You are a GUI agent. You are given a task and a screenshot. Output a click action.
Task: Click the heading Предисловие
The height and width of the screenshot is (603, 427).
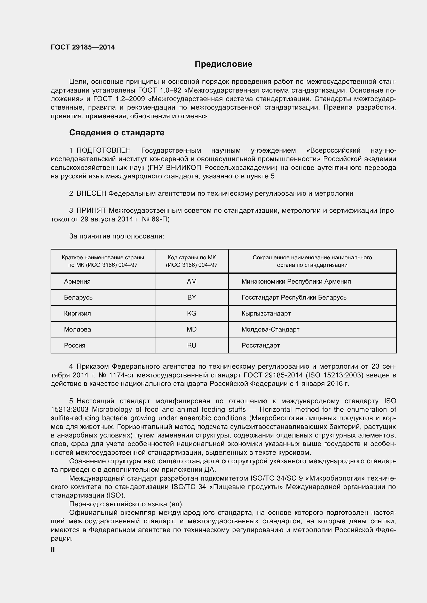(x=223, y=64)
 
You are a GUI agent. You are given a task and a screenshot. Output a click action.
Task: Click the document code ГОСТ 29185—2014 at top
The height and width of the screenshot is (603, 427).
(x=83, y=47)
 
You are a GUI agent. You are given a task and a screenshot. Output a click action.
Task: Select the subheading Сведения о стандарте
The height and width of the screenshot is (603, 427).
(x=116, y=133)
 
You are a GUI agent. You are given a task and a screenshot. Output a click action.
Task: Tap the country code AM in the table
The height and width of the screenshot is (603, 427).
(x=191, y=282)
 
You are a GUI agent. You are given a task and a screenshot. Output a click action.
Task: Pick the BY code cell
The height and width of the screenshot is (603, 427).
(x=191, y=297)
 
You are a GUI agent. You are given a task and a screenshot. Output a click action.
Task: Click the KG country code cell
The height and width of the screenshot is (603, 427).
(x=191, y=313)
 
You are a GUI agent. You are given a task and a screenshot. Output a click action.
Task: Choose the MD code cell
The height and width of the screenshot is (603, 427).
(x=191, y=329)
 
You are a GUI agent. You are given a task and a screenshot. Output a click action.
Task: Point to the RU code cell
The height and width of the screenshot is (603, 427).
(x=191, y=345)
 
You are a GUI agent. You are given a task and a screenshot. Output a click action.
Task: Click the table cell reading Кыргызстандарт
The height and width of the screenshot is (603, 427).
(x=266, y=313)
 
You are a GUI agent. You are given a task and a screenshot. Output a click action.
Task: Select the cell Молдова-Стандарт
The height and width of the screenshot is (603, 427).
(x=270, y=329)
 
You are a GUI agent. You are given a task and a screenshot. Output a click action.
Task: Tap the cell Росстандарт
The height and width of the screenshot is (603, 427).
(x=260, y=345)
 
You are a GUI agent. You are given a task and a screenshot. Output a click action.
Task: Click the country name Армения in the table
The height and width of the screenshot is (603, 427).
(x=77, y=282)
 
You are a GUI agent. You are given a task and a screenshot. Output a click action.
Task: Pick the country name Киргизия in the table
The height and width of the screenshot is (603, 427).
(x=77, y=313)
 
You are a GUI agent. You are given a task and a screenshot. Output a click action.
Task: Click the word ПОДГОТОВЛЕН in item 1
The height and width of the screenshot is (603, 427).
(x=104, y=151)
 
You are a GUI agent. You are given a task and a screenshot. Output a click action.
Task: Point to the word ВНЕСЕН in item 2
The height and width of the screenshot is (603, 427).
(x=91, y=194)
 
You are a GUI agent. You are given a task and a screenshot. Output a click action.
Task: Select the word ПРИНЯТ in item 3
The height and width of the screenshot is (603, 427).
(x=91, y=210)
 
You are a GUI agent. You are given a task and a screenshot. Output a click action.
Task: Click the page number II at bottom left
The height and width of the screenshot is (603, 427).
(x=53, y=549)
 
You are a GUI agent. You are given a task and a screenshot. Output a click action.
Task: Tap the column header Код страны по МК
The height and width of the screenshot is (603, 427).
(x=191, y=258)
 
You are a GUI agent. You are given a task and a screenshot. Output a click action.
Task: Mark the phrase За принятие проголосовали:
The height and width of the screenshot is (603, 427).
(x=116, y=236)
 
